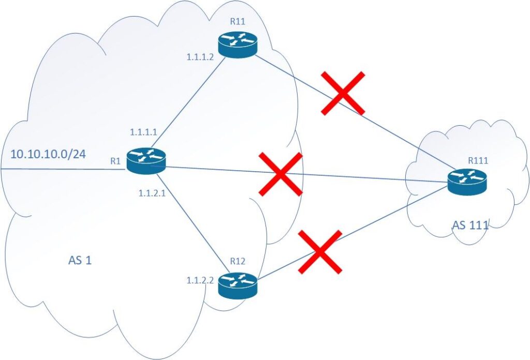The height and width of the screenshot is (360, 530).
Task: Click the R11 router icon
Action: click(238, 46)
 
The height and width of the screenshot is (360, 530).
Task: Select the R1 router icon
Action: click(148, 160)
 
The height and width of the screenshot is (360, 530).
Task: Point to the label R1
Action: click(115, 161)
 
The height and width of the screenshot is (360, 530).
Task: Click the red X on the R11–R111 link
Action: click(343, 93)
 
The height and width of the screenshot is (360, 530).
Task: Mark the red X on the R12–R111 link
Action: click(320, 251)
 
